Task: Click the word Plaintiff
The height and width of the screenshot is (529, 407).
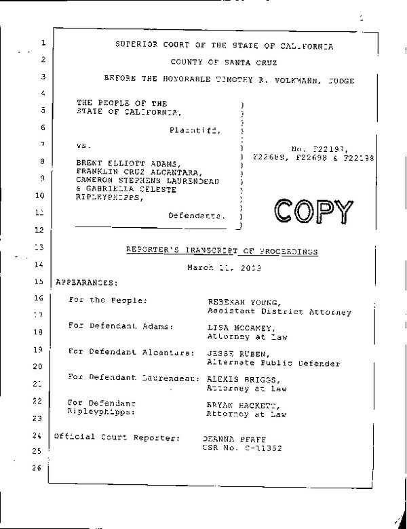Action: (x=195, y=128)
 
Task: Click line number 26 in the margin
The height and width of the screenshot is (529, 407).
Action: (x=37, y=467)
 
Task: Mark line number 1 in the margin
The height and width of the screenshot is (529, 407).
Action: (x=43, y=44)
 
